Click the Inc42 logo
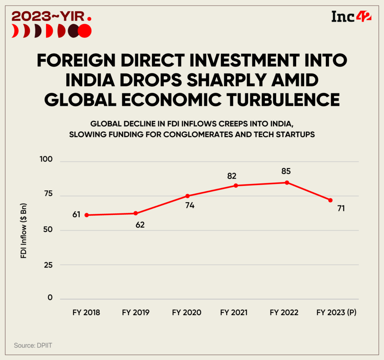[351, 17]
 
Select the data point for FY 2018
[87, 215]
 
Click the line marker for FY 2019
[136, 213]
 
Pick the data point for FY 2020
[187, 196]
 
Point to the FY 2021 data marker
[236, 185]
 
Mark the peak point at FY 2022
[287, 182]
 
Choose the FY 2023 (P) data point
[330, 200]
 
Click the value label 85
[286, 172]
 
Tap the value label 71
[341, 209]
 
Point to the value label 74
[190, 205]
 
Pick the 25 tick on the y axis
[49, 265]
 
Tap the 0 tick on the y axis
[51, 298]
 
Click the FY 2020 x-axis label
[187, 312]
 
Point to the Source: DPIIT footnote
[33, 345]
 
